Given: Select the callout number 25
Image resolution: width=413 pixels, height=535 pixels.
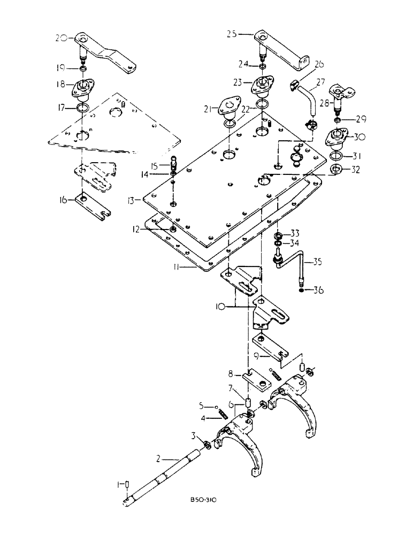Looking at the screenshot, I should click(246, 34).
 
